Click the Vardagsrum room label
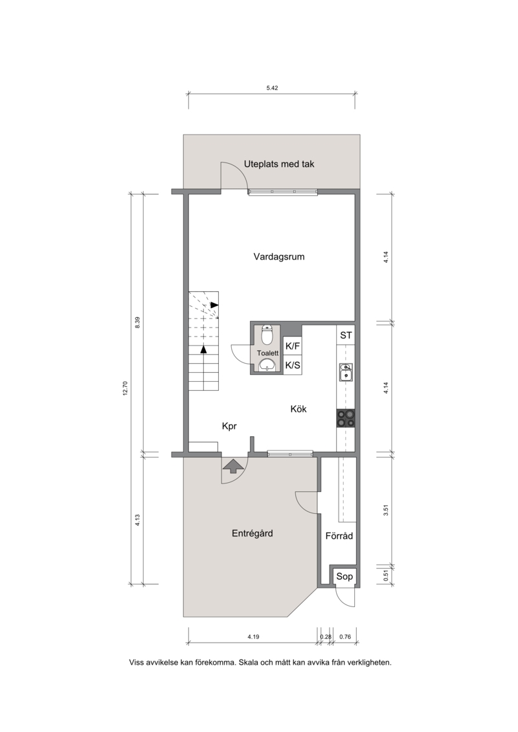click(279, 257)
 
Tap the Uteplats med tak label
click(279, 164)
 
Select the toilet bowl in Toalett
click(267, 334)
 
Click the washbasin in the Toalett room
click(267, 364)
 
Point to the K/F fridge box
click(293, 346)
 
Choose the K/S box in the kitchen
click(293, 365)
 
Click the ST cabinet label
click(346, 335)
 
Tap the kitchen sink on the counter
click(346, 373)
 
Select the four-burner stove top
click(346, 418)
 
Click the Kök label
click(298, 409)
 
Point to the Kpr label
click(229, 427)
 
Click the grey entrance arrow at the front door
click(232, 465)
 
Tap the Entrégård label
click(253, 533)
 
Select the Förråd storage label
click(339, 536)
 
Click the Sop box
click(344, 577)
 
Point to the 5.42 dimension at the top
click(273, 88)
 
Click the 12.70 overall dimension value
click(125, 388)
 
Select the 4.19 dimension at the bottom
click(253, 636)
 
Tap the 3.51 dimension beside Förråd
click(386, 510)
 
